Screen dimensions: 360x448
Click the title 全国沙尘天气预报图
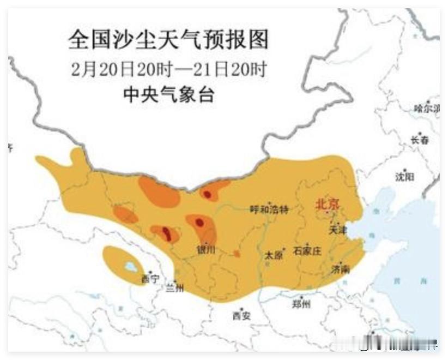coord(168,40)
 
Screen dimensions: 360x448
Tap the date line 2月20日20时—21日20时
coord(168,69)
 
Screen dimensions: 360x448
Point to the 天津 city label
coord(337,230)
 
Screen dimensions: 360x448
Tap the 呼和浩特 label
coord(268,209)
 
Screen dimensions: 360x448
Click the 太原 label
coord(274,255)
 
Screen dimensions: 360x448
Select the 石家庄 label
coord(307,251)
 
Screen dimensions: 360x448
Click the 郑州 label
coord(301,304)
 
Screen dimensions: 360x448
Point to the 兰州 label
coord(174,288)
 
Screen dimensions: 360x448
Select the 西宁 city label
coord(150,279)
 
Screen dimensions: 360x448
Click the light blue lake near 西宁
coord(131,267)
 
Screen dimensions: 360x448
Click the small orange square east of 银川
coord(237,253)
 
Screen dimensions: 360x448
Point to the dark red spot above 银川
coord(199,223)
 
